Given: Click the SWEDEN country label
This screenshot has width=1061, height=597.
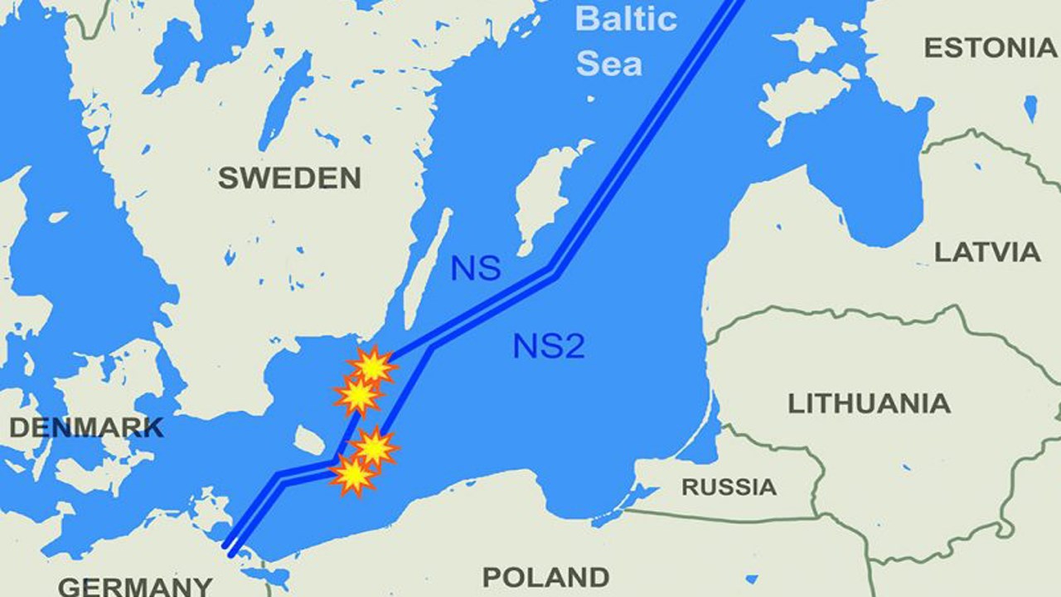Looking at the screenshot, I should click(x=289, y=177).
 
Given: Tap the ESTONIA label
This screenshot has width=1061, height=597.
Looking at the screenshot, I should click(x=990, y=48).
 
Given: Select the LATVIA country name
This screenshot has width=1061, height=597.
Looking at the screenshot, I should click(x=987, y=251).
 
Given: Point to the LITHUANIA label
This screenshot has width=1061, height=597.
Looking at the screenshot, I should click(x=869, y=404).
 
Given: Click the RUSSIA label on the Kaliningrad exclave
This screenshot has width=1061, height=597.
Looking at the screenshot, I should click(x=729, y=487).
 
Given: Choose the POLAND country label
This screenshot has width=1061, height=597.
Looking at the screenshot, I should click(x=545, y=576).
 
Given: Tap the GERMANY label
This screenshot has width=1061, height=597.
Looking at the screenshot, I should click(x=134, y=586).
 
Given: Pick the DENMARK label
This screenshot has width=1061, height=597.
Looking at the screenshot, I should click(x=85, y=428).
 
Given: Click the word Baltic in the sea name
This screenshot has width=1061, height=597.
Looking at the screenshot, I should click(x=626, y=19).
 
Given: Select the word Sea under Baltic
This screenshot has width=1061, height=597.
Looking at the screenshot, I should click(x=609, y=63).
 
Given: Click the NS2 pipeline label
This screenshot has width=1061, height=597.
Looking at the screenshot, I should click(x=549, y=346).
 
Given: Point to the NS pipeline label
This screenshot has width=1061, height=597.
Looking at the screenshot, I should click(x=475, y=269).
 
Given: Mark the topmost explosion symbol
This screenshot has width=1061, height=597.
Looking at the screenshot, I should click(x=372, y=365).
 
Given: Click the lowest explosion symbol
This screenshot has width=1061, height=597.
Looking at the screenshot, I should click(x=353, y=475).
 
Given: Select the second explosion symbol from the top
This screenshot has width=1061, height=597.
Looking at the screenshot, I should click(x=358, y=396).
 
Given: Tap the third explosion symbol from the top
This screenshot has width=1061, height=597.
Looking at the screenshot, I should click(x=375, y=448).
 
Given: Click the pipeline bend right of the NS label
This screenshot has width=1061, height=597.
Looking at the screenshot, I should click(x=553, y=269).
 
